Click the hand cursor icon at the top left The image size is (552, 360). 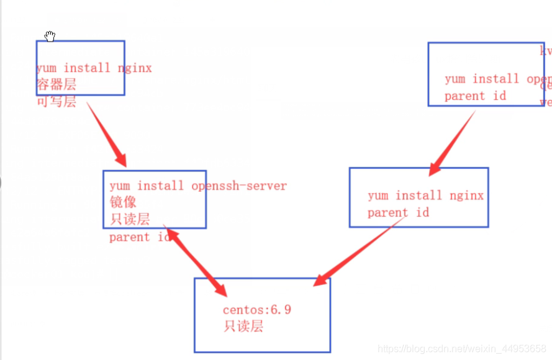click(50, 37)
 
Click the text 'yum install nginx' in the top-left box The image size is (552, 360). click(94, 68)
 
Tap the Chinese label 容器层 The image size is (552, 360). click(56, 85)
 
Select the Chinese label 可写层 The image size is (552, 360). click(56, 102)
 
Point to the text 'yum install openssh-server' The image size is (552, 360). click(198, 186)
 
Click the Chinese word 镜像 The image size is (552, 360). click(122, 202)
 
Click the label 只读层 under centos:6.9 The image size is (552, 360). click(243, 326)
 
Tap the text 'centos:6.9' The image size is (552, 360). click(256, 310)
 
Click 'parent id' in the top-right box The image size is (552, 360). click(475, 96)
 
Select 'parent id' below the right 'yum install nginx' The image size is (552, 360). click(398, 213)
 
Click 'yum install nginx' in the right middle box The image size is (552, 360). click(425, 196)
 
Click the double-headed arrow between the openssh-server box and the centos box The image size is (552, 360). click(196, 261)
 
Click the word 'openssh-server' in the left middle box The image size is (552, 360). click(239, 186)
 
